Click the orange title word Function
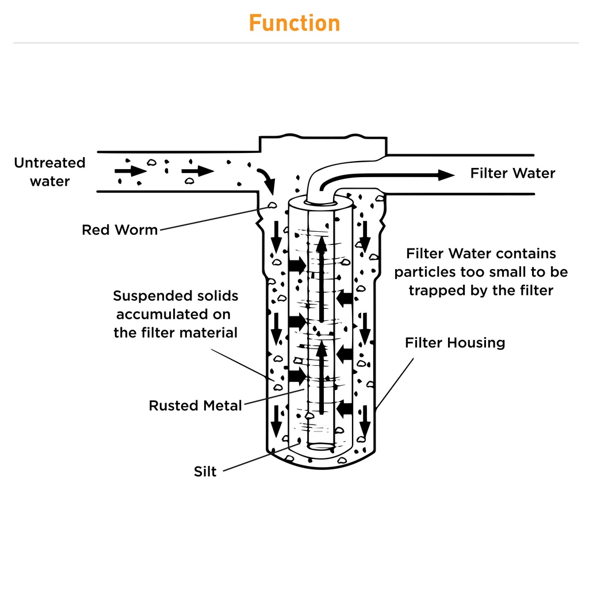tap(294, 23)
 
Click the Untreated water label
tap(49, 172)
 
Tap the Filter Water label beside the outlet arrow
tap(512, 173)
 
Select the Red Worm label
tap(120, 230)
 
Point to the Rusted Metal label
tap(196, 406)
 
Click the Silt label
tap(205, 472)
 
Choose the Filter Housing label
tap(455, 343)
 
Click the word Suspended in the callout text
tap(144, 296)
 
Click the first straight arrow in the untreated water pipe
tap(131, 171)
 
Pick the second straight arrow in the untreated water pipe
tap(198, 171)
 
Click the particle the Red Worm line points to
tap(272, 205)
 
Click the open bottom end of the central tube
tap(321, 446)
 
